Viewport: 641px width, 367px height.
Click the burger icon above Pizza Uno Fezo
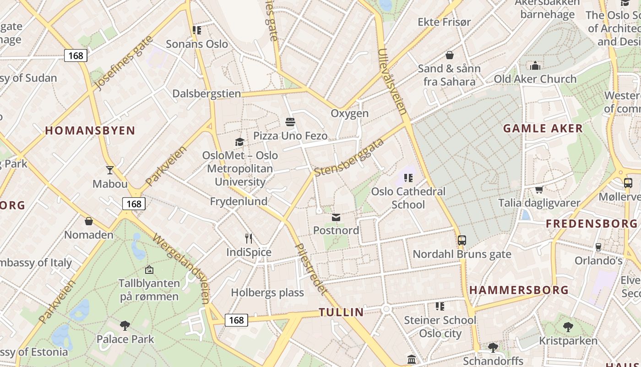click(x=290, y=122)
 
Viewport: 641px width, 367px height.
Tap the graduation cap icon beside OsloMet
click(x=239, y=142)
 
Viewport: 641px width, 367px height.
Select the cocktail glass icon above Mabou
click(x=110, y=170)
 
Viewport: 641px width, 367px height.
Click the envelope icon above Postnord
click(x=336, y=217)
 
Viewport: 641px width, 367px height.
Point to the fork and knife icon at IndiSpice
click(x=249, y=239)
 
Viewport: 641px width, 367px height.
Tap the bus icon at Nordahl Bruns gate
click(x=462, y=240)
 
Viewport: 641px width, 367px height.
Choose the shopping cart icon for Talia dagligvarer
click(x=539, y=189)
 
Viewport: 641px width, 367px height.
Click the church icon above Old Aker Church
click(x=535, y=66)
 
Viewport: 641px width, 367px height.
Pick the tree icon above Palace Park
click(x=125, y=326)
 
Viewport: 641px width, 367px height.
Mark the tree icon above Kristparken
click(x=568, y=327)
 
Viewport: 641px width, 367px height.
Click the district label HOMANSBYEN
click(x=90, y=131)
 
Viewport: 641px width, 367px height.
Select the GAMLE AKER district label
click(x=543, y=128)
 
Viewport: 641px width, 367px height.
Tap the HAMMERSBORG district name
click(x=519, y=290)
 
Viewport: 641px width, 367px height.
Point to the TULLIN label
click(x=341, y=312)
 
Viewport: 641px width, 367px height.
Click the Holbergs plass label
click(x=267, y=293)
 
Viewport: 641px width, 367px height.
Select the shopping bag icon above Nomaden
click(x=89, y=222)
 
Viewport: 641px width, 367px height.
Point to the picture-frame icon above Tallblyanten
click(x=149, y=270)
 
